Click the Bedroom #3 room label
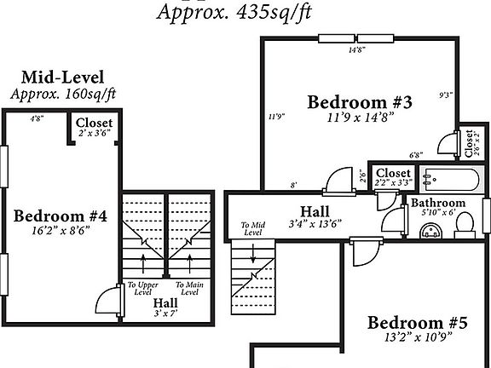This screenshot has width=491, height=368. [360, 103]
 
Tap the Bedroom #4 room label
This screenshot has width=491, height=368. [61, 216]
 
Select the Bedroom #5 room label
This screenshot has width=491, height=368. [418, 323]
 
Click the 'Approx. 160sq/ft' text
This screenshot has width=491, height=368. [63, 94]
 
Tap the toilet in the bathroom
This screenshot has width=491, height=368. [465, 224]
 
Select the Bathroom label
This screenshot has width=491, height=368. [438, 204]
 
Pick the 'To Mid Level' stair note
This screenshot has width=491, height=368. [252, 228]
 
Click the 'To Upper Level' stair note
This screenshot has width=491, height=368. [142, 288]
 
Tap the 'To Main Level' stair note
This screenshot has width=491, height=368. [188, 288]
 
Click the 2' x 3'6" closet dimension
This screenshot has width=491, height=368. [94, 134]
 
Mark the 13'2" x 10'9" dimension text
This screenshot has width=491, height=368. [418, 337]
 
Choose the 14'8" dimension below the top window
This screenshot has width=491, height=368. [356, 50]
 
